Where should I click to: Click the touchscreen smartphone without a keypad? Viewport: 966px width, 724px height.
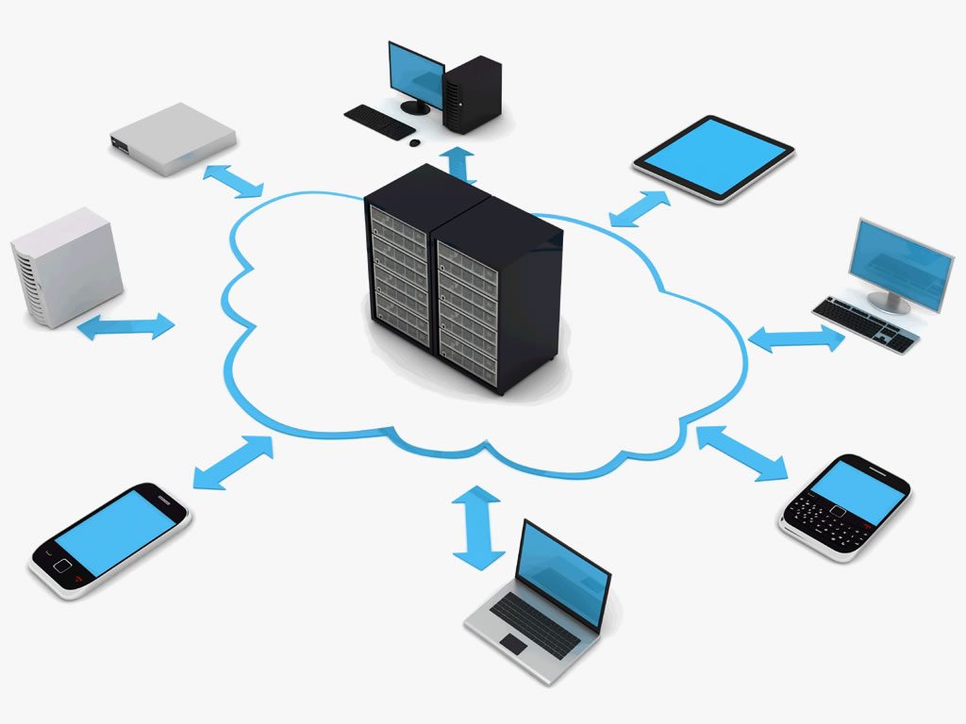pyautogui.click(x=110, y=540)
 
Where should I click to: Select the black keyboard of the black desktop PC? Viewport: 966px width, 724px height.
pyautogui.click(x=378, y=122)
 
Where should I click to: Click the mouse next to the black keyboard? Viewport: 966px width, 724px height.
pyautogui.click(x=415, y=142)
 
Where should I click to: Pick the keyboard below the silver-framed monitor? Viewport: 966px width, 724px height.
pyautogui.click(x=864, y=323)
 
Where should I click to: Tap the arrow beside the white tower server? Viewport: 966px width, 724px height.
pyautogui.click(x=125, y=326)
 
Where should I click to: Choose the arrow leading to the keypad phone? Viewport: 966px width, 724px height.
pyautogui.click(x=741, y=452)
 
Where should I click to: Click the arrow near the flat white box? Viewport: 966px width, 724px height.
pyautogui.click(x=232, y=180)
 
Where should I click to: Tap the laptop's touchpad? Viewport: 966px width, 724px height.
pyautogui.click(x=514, y=643)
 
